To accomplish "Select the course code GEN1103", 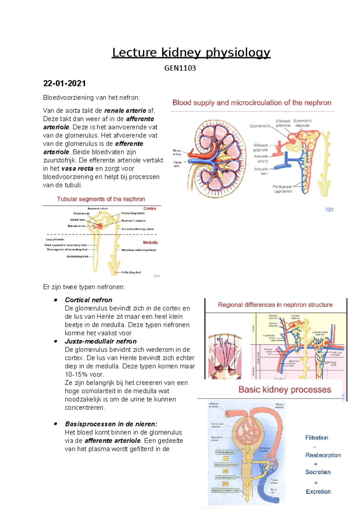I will (x=180, y=68).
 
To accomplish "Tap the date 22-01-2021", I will (x=64, y=83).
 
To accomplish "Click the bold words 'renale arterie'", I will (x=125, y=111).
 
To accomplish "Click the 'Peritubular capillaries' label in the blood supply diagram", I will (x=282, y=189).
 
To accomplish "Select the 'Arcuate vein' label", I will (x=261, y=171).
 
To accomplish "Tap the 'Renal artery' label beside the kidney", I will (x=177, y=152).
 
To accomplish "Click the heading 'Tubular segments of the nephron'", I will (x=101, y=199).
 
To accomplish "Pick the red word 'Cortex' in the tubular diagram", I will (x=150, y=208).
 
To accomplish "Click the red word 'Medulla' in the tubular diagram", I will (x=150, y=243).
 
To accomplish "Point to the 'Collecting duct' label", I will (x=131, y=272).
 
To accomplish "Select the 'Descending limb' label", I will (x=77, y=257).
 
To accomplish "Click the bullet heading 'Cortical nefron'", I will (x=88, y=300).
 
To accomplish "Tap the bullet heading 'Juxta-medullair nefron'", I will (x=100, y=341).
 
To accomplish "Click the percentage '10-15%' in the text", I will (x=75, y=374).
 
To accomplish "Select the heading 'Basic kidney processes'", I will (x=285, y=390).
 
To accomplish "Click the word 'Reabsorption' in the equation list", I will (x=323, y=455).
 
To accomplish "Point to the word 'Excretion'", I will (x=318, y=492).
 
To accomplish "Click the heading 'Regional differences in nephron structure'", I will (x=275, y=305).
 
